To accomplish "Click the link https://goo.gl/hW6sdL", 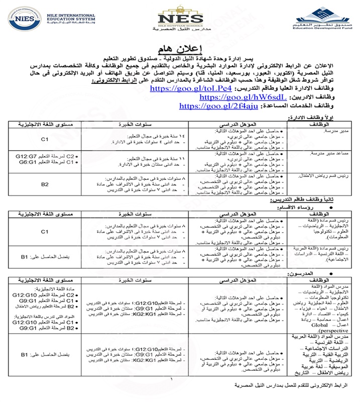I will (x=231, y=97).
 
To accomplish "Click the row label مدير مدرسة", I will (x=331, y=131).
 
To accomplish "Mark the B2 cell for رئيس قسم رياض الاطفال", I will (x=44, y=184).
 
